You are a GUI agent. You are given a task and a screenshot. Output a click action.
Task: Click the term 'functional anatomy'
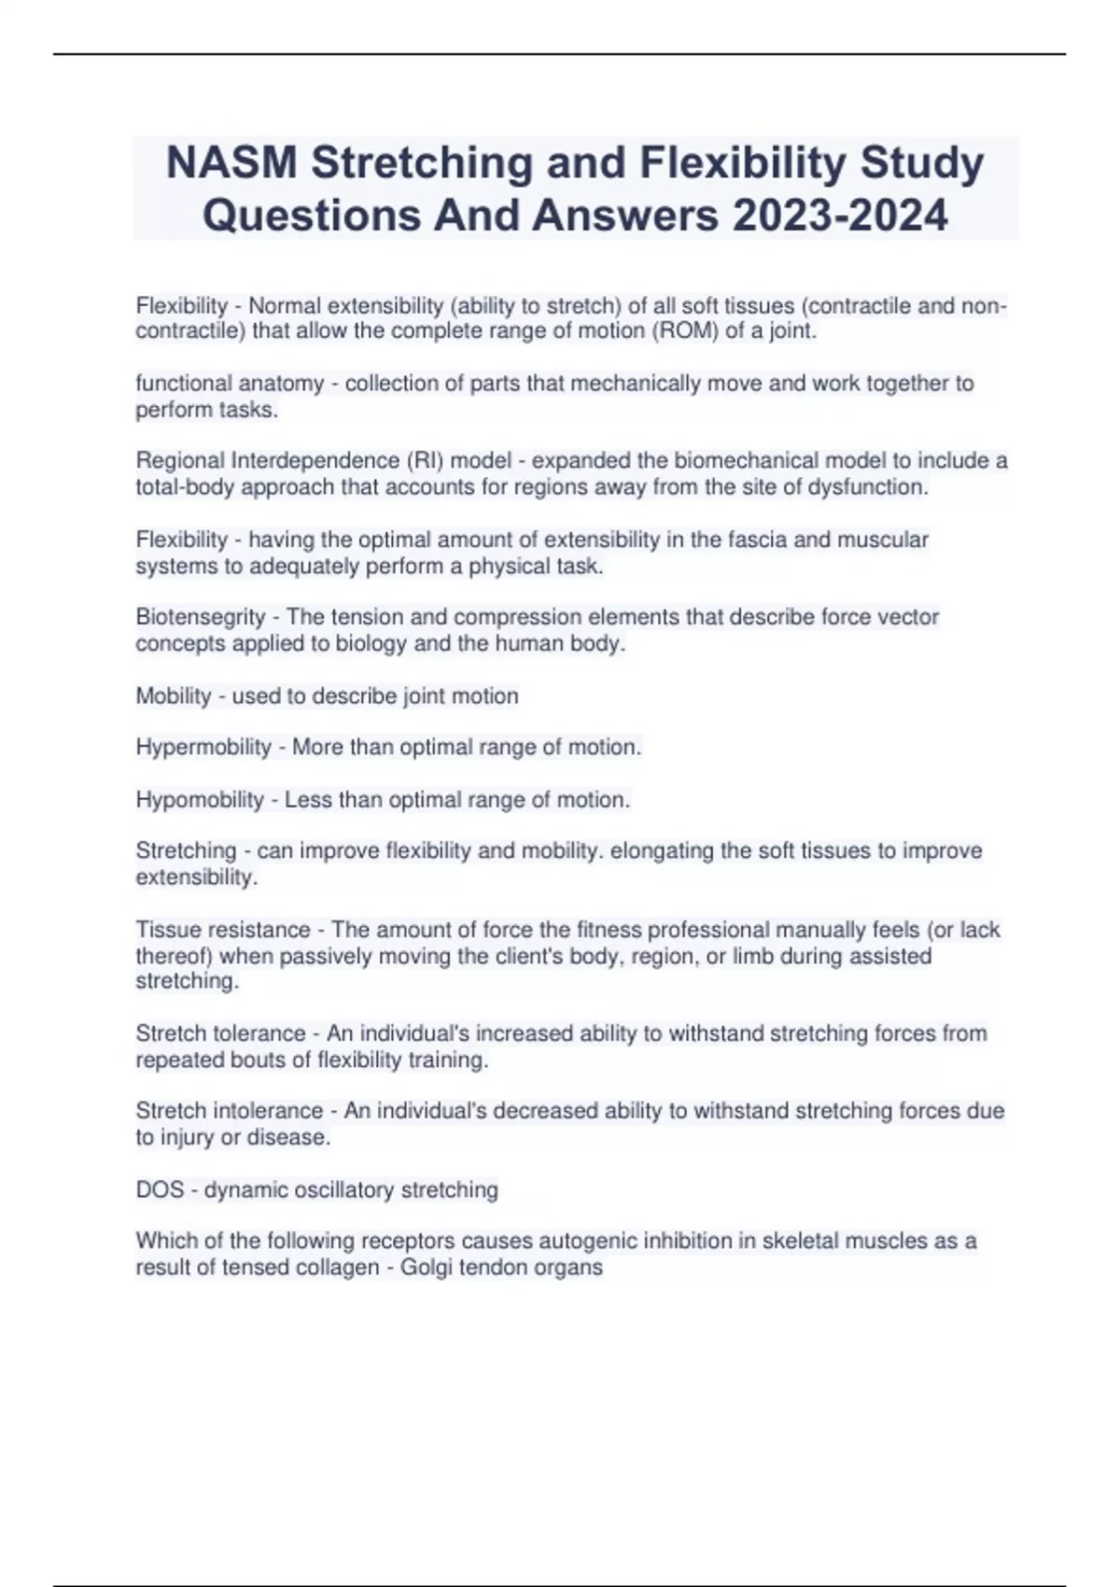[x=230, y=384]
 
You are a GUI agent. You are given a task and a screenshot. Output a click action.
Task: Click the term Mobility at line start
[x=174, y=696]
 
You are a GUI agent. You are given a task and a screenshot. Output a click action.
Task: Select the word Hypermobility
[x=203, y=748]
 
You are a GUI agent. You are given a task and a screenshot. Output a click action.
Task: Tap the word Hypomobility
[x=200, y=800]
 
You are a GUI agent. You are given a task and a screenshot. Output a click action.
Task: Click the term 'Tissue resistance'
[x=223, y=930]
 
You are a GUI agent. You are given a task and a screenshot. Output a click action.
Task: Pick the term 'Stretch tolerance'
[x=220, y=1033]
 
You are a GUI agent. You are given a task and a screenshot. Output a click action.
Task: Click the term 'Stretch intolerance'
[x=229, y=1111]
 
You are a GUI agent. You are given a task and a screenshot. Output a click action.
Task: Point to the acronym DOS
[x=160, y=1190]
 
